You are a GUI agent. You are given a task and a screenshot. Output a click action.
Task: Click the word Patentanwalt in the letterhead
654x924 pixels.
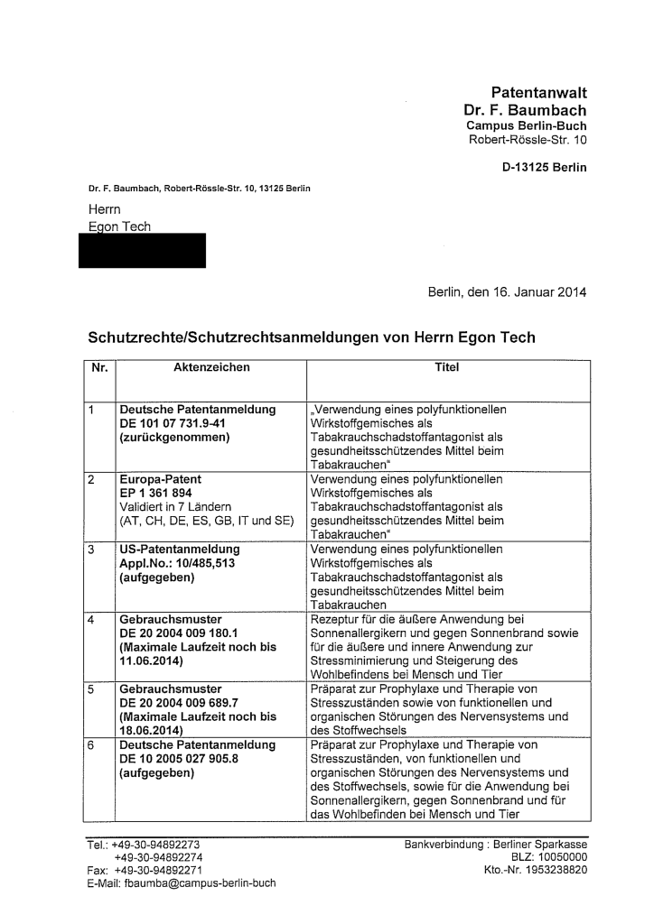pos(538,92)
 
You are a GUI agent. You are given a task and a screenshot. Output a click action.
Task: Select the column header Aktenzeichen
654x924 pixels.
pos(211,368)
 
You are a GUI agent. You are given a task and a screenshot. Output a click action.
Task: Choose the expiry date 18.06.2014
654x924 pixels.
pos(151,731)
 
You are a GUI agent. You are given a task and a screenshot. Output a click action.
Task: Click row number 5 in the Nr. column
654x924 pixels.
pos(92,688)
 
